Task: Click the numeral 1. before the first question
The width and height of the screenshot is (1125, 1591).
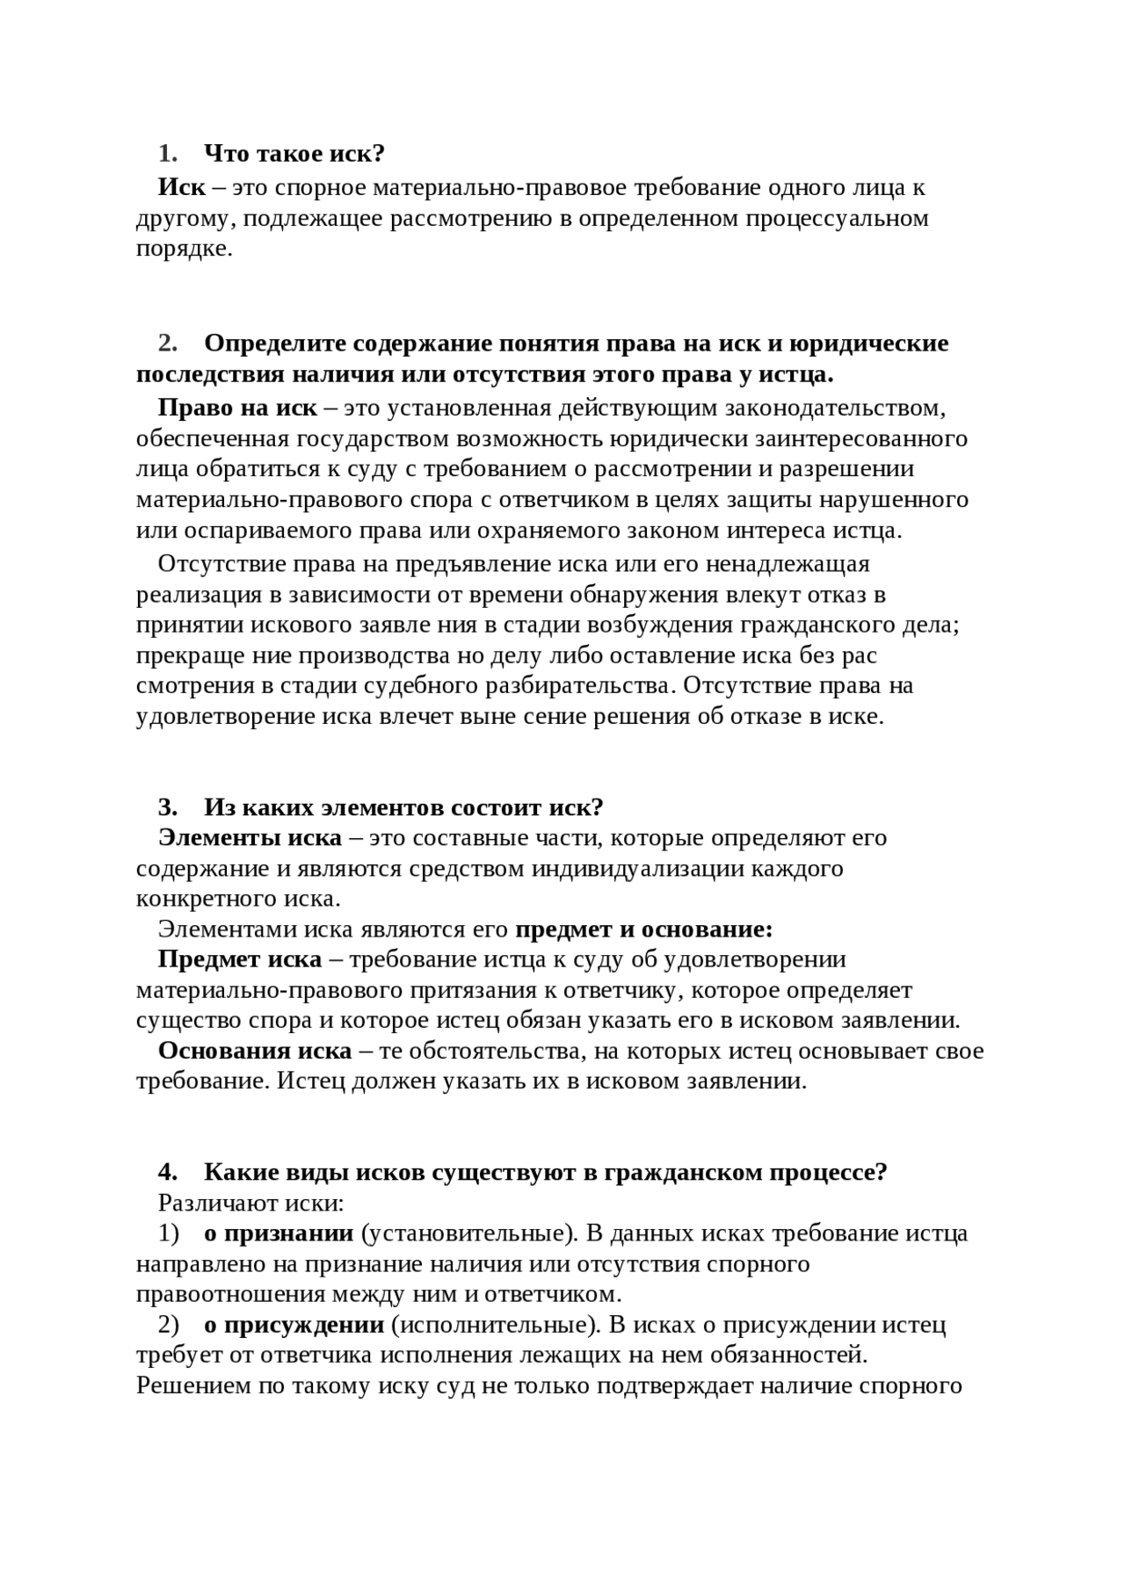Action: tap(168, 154)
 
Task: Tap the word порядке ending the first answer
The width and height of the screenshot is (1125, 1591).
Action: tap(184, 249)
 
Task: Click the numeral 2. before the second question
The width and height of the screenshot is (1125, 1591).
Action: tap(168, 343)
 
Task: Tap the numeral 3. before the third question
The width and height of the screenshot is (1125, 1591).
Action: tap(168, 806)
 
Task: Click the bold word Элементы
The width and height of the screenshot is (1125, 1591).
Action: tap(220, 837)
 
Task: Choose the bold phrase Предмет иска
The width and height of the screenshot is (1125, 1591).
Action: tap(240, 959)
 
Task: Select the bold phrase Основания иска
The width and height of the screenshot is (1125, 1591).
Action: tap(255, 1051)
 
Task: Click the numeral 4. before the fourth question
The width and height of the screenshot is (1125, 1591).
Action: tap(168, 1172)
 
